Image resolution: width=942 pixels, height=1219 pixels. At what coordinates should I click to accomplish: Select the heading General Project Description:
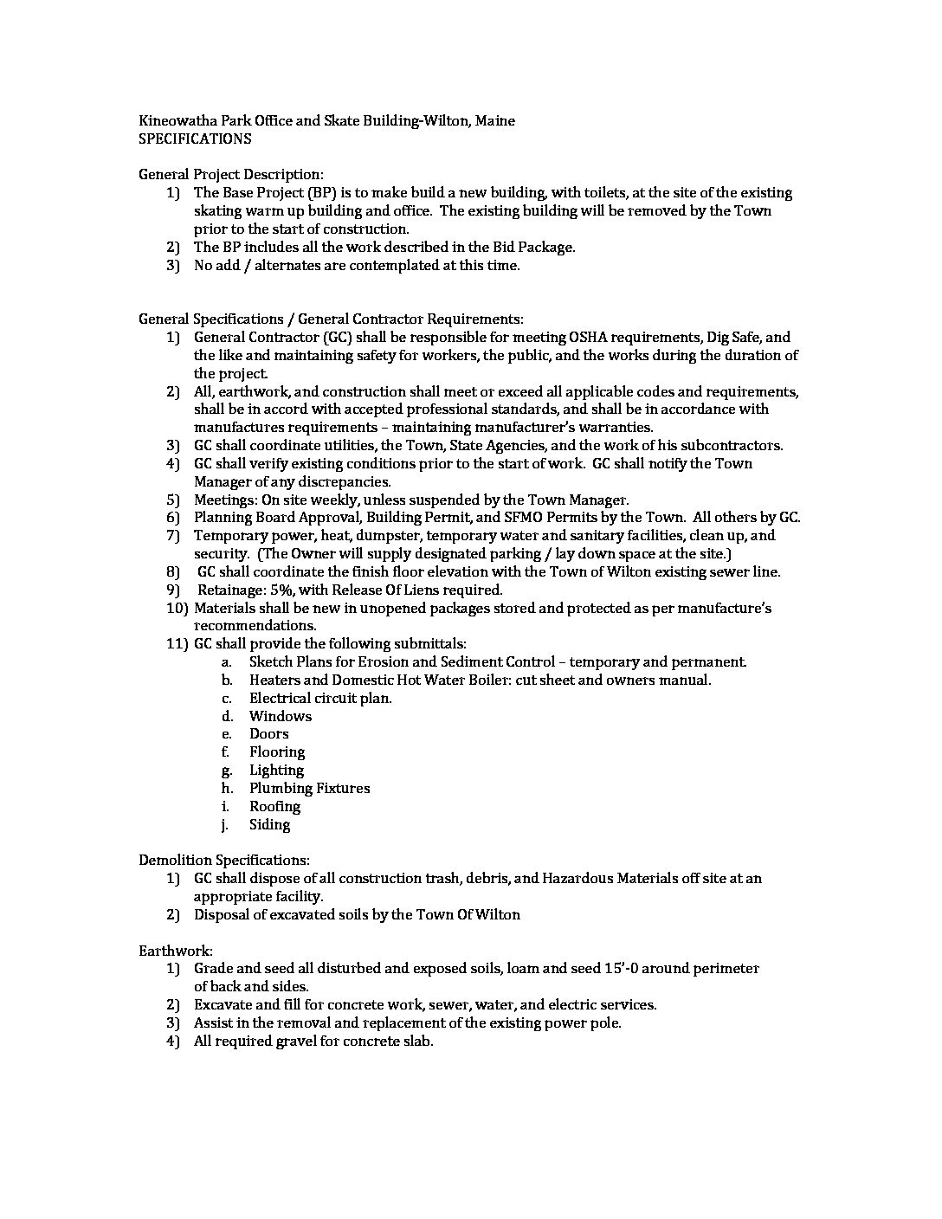(231, 175)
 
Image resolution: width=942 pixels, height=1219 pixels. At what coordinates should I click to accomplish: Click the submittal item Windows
(280, 716)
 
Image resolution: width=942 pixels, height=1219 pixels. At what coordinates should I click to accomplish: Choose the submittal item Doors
(268, 734)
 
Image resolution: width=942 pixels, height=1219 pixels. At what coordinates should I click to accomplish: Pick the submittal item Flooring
(277, 752)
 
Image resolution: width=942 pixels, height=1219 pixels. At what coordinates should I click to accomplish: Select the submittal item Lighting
(276, 771)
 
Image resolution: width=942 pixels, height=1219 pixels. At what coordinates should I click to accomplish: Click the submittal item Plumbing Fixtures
(309, 789)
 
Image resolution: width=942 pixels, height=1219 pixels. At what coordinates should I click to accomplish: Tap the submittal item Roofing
(274, 807)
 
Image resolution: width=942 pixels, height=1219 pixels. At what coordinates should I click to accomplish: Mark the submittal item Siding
(269, 825)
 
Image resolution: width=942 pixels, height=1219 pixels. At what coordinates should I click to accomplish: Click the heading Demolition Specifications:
(223, 861)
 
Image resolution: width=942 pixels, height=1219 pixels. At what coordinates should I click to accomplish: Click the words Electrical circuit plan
(320, 698)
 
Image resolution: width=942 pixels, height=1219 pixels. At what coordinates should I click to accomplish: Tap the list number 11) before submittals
(177, 643)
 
